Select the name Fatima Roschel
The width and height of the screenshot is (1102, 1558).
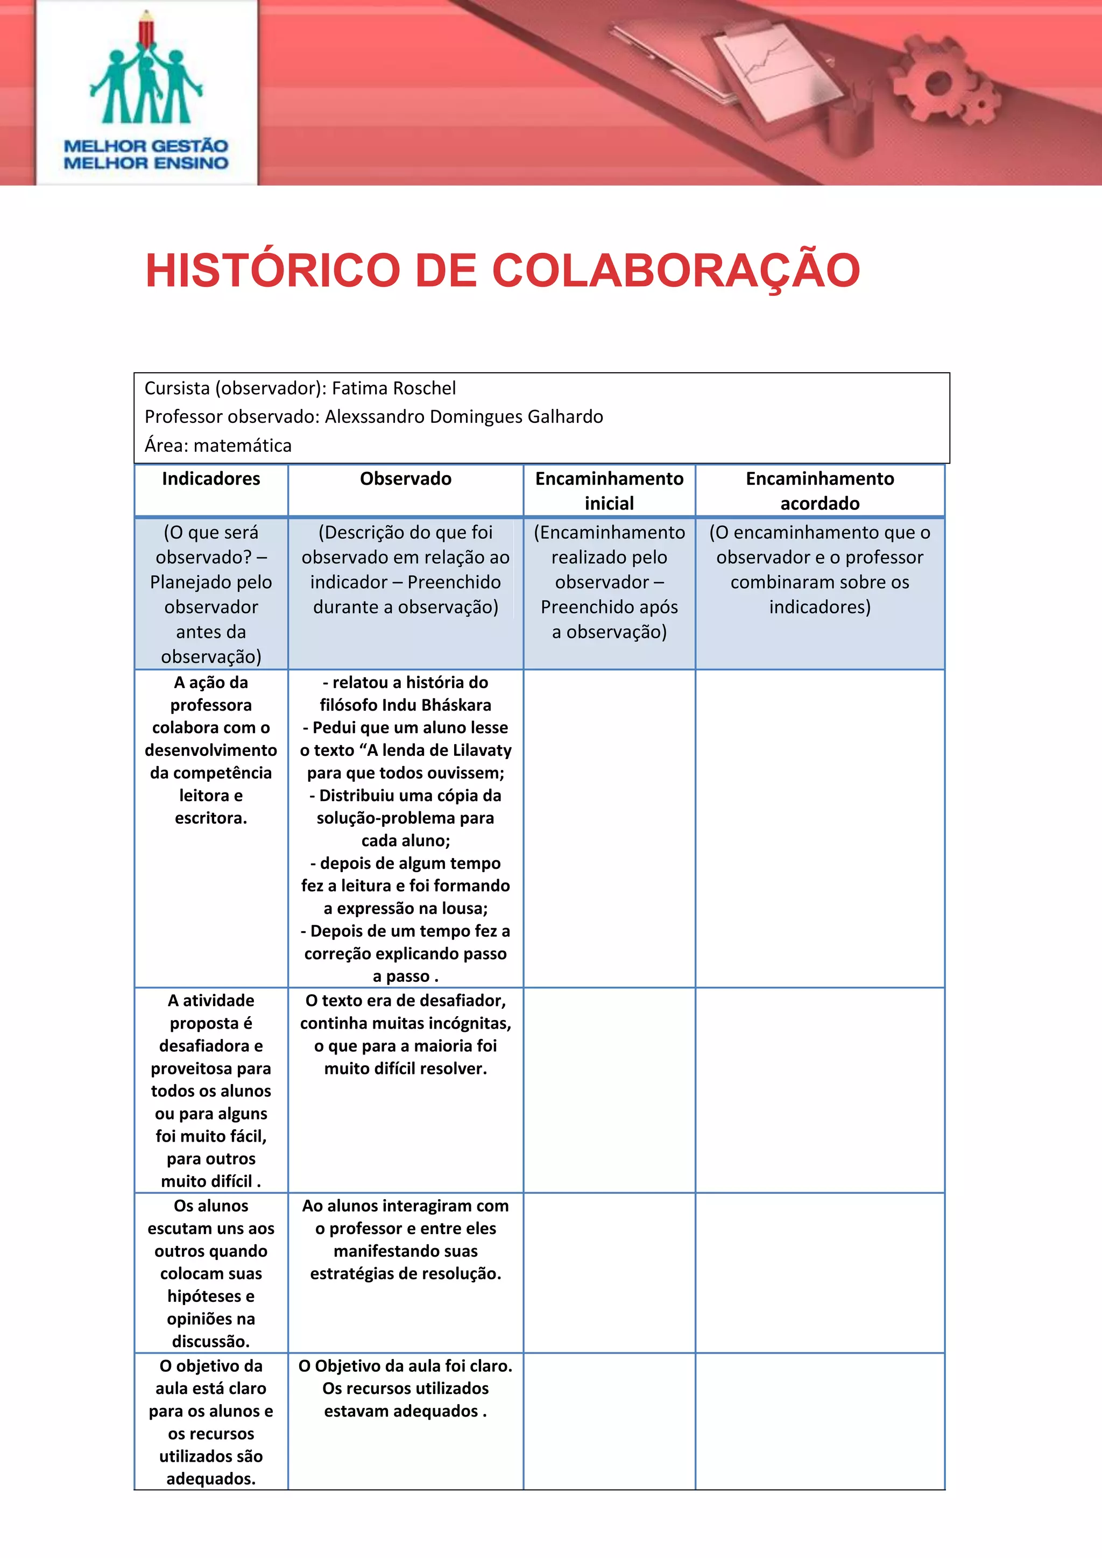pyautogui.click(x=393, y=388)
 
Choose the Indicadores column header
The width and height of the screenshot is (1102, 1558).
pyautogui.click(x=211, y=479)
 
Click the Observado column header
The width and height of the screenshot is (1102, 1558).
pyautogui.click(x=406, y=479)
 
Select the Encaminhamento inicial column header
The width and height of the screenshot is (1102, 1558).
pyautogui.click(x=609, y=491)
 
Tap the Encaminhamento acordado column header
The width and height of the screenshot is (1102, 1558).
pyautogui.click(x=820, y=491)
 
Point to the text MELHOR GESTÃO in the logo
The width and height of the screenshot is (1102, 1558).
pyautogui.click(x=146, y=146)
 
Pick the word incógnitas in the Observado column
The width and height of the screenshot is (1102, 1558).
pyautogui.click(x=469, y=1023)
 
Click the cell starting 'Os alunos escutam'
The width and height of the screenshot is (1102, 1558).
pyautogui.click(x=211, y=1273)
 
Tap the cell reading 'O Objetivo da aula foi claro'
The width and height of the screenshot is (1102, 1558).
pyautogui.click(x=406, y=1389)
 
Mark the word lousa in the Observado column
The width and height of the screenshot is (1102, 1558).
pyautogui.click(x=462, y=909)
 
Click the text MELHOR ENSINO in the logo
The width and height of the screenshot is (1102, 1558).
pyautogui.click(x=146, y=163)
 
